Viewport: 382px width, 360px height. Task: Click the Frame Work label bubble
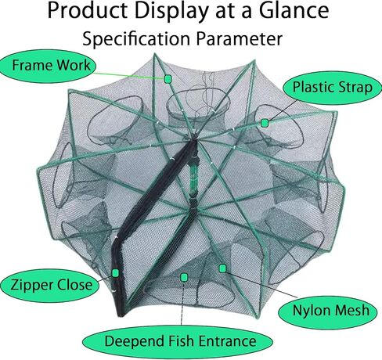[48, 66]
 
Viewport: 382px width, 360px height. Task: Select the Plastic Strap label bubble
[332, 88]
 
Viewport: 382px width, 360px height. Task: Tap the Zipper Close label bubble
[50, 285]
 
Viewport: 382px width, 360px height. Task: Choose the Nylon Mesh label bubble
[328, 311]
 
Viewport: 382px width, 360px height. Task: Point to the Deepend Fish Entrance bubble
[178, 342]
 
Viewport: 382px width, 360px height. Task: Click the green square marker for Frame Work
[168, 79]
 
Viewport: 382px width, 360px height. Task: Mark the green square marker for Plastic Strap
[265, 123]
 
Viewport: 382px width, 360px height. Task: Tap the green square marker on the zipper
[115, 273]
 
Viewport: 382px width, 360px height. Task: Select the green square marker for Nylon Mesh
[222, 268]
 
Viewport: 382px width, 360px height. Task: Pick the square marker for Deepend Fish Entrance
[184, 277]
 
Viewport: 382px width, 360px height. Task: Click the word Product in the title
[88, 10]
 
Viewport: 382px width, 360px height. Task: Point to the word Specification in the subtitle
[136, 39]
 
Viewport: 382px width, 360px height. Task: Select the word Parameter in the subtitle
[240, 39]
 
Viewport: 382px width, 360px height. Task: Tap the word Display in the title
[171, 12]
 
